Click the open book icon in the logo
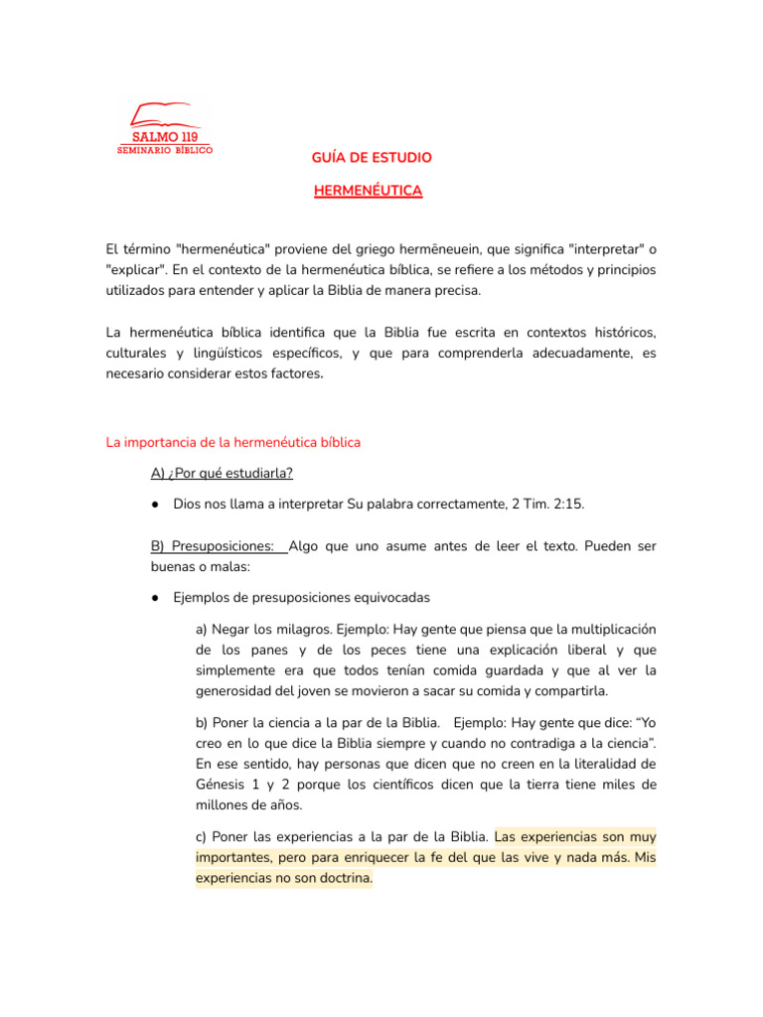(x=165, y=113)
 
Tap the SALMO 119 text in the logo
(x=165, y=136)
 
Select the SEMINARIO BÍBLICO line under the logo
(x=165, y=150)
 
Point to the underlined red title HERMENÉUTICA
(x=368, y=190)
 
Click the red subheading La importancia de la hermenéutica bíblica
(x=233, y=442)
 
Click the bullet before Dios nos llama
(x=157, y=505)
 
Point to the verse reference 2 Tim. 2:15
(x=546, y=505)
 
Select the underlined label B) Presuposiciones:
(x=213, y=546)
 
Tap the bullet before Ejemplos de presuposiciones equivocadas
(x=157, y=598)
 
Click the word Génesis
(x=224, y=785)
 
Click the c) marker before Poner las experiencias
(x=202, y=836)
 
